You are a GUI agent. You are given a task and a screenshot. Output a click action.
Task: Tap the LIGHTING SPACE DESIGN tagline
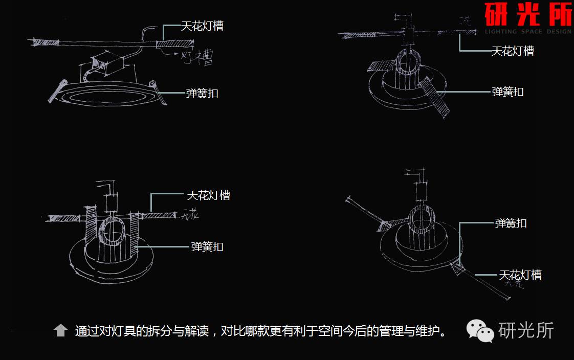(x=528, y=32)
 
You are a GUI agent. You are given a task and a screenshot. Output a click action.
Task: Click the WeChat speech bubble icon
(x=479, y=331)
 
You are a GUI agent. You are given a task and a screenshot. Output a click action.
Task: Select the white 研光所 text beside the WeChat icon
(x=526, y=330)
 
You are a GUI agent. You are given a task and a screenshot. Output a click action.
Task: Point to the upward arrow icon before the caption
(x=61, y=330)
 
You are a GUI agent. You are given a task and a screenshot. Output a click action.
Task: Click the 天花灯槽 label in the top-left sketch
(x=202, y=26)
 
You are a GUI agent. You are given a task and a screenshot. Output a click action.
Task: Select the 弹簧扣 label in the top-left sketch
(x=202, y=93)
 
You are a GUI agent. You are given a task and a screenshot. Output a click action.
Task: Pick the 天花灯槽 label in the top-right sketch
(x=512, y=51)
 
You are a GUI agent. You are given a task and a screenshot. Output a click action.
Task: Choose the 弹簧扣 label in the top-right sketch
(x=507, y=92)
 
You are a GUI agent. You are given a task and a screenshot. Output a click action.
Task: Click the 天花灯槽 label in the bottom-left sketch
(x=208, y=195)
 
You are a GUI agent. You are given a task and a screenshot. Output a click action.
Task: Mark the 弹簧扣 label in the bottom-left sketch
(x=207, y=246)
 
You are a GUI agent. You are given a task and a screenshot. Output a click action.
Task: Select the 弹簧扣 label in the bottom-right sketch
(x=511, y=223)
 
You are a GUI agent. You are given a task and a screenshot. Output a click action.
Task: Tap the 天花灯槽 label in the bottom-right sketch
(x=520, y=275)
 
